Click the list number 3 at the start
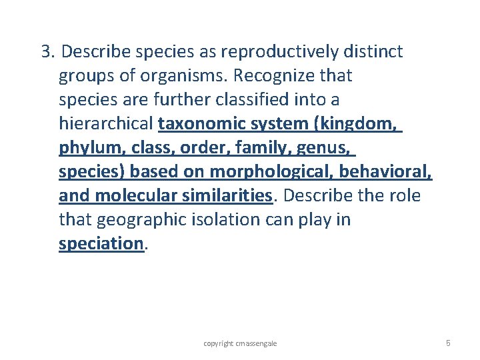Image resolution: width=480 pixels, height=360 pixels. tap(46, 52)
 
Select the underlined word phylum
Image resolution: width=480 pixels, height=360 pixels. tap(86, 148)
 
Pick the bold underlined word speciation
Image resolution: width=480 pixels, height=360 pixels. tap(101, 244)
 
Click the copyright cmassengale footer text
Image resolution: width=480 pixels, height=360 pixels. tap(240, 343)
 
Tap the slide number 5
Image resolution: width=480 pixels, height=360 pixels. tap(448, 343)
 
